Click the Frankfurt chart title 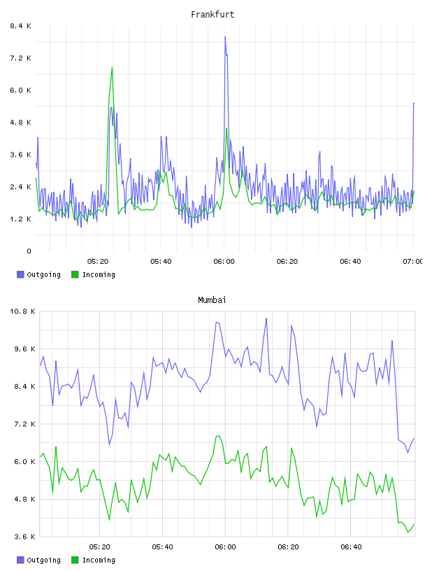coord(212,15)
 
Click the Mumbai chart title coord(212,300)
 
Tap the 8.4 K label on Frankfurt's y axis coord(20,26)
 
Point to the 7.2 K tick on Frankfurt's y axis coord(20,58)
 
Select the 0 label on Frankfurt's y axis coord(29,251)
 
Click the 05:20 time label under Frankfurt coord(98,262)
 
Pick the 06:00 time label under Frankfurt coord(224,262)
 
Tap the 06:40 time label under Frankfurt coord(350,262)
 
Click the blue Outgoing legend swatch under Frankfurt coord(20,274)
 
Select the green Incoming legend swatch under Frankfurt coord(75,274)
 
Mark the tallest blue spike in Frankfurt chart coord(225,37)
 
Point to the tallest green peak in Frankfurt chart coord(112,68)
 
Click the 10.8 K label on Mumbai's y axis coord(23,311)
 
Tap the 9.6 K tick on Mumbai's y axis coord(24,349)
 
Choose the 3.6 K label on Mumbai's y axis coord(24,537)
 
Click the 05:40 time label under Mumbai coord(163,547)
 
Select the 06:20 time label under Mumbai coord(288,547)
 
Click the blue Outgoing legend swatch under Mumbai coord(20,560)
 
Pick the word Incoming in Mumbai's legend coord(99,561)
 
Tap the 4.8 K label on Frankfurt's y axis coord(20,122)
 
